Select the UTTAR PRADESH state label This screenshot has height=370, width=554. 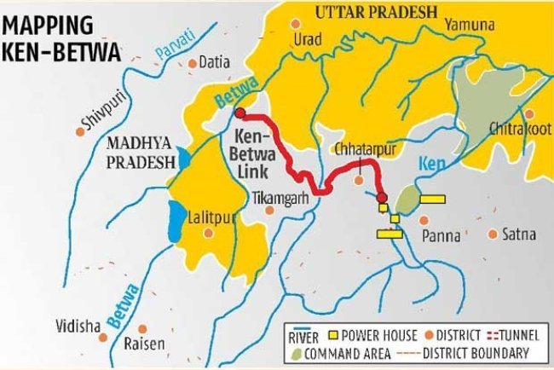tap(376, 11)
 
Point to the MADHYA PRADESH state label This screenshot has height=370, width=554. tap(137, 150)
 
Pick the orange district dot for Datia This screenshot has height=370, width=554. tap(192, 62)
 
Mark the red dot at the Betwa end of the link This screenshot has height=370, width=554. tap(239, 113)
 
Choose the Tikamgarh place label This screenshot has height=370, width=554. tap(278, 198)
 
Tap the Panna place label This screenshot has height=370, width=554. tap(443, 234)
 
